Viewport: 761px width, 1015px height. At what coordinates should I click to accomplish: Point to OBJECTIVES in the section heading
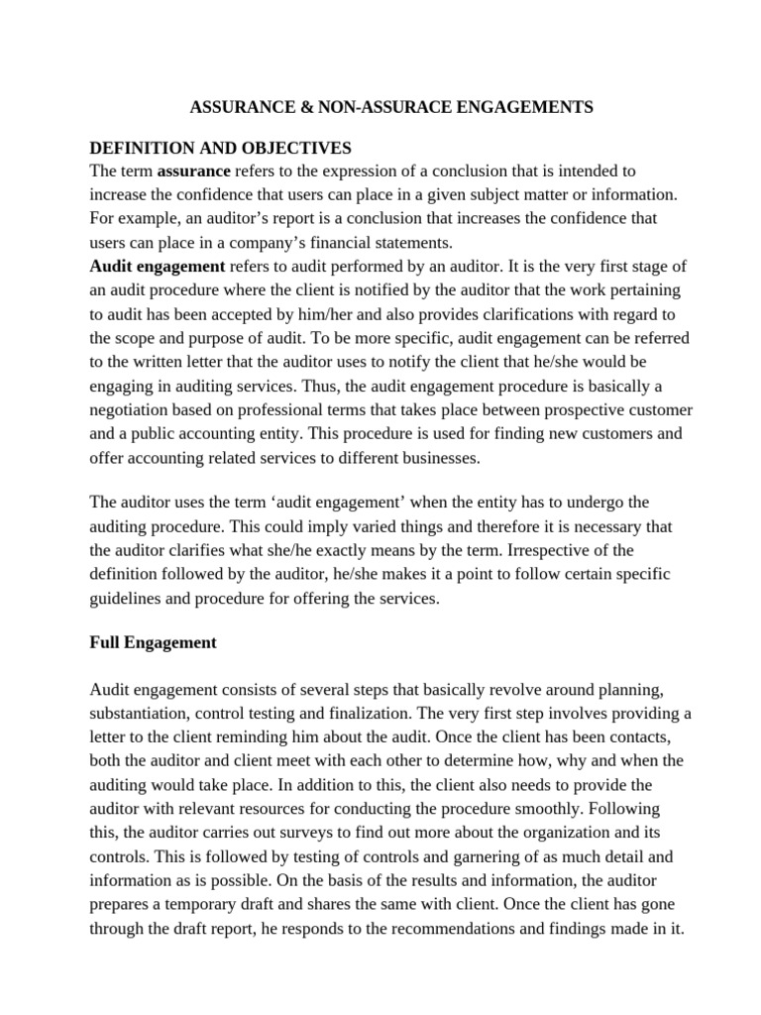pyautogui.click(x=291, y=148)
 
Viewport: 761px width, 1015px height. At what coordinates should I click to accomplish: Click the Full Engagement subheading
pyautogui.click(x=153, y=642)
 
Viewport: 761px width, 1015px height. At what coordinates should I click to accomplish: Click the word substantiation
pyautogui.click(x=140, y=714)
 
